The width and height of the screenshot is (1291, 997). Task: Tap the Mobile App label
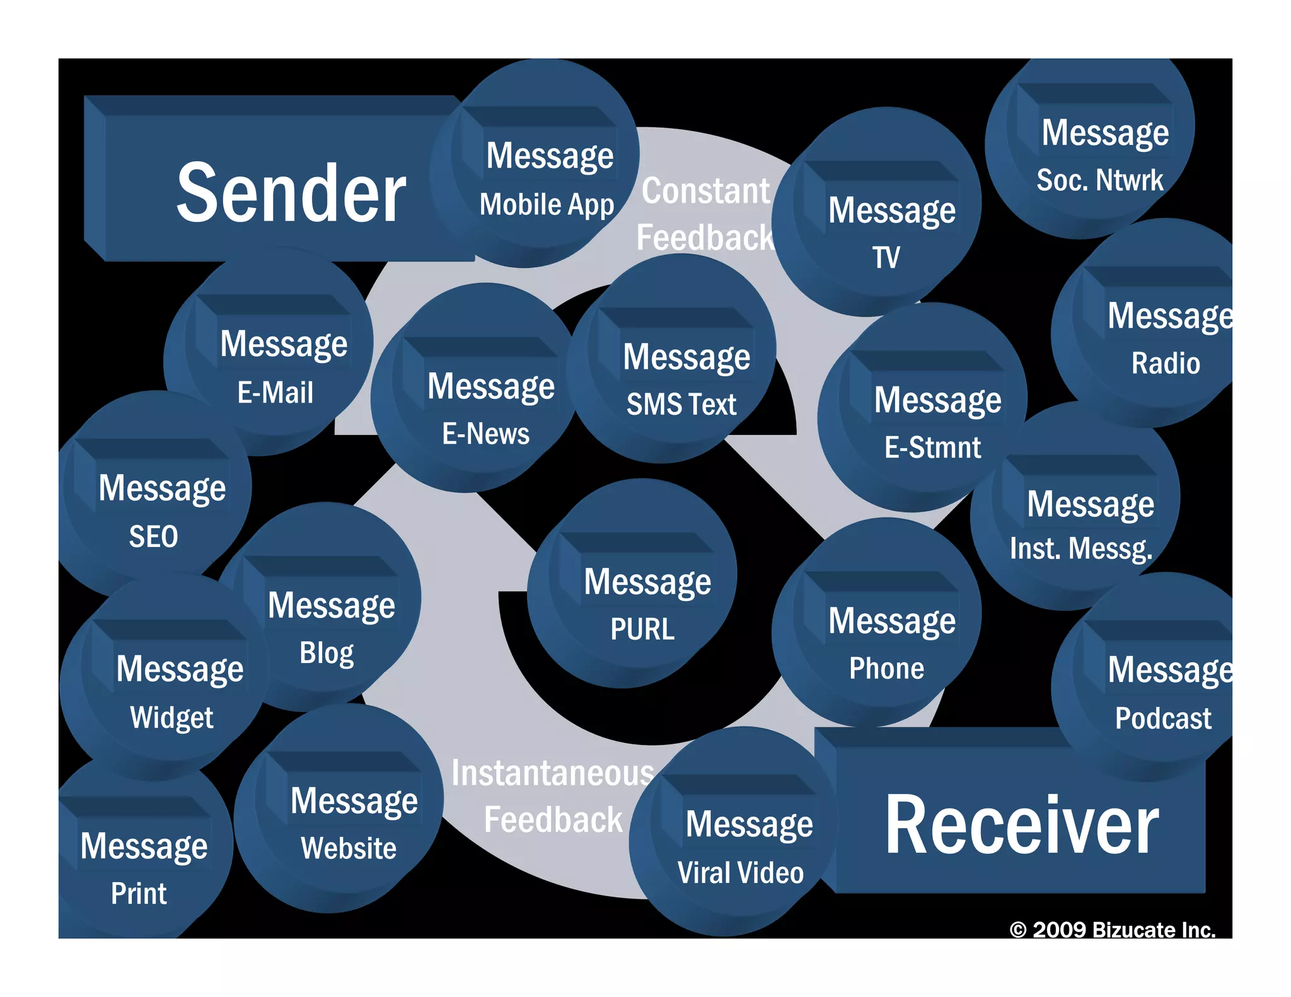(547, 205)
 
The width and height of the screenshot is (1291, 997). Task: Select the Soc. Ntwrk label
(1100, 180)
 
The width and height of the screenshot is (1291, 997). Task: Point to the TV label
(886, 258)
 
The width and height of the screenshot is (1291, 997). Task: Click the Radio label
(1166, 364)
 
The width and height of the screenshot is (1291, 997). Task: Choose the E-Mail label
(275, 393)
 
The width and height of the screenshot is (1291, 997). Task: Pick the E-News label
(486, 434)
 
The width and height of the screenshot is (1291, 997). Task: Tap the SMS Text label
(681, 405)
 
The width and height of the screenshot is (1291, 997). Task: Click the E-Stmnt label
(933, 448)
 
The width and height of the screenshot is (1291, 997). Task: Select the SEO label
(154, 537)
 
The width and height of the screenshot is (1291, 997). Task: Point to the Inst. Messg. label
(1081, 549)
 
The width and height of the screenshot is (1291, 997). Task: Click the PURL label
(642, 629)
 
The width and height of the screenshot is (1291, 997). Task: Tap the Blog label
(327, 653)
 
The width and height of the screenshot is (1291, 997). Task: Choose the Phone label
(886, 669)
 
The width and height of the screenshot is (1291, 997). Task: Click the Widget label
(171, 718)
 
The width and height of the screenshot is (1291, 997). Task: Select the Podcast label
(1163, 718)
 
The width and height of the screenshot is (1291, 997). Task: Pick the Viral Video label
(741, 873)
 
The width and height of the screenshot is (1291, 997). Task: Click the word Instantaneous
(553, 773)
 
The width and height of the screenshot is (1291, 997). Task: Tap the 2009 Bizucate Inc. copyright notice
(1113, 930)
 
